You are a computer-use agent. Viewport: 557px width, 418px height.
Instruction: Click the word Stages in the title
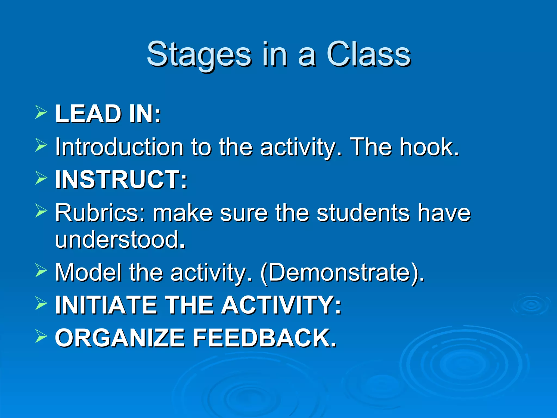199,54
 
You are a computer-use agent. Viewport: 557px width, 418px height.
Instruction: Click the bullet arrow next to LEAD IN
41,113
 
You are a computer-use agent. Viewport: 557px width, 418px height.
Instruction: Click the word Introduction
119,147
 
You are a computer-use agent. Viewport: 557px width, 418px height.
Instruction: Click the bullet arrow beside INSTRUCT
41,178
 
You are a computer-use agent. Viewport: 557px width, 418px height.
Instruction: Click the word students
363,213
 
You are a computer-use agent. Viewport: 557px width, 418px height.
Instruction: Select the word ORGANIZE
120,338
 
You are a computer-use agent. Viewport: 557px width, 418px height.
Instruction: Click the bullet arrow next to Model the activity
41,271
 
